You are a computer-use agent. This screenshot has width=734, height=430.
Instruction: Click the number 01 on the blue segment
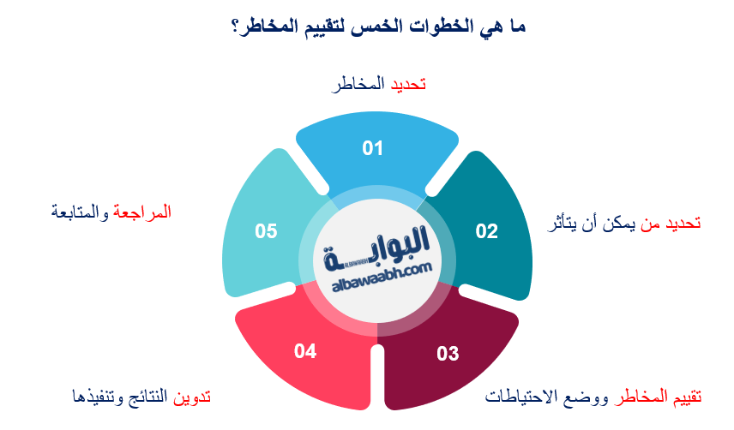(x=371, y=148)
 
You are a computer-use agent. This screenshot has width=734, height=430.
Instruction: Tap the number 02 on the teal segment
(x=486, y=230)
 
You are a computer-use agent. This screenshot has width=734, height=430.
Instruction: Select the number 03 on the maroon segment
(x=448, y=353)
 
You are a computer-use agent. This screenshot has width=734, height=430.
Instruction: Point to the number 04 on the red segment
(x=305, y=350)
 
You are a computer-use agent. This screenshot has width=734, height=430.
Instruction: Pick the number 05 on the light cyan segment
(x=266, y=230)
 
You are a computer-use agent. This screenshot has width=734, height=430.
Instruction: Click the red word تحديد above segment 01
(x=409, y=84)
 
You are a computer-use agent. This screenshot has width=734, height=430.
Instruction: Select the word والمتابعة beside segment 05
(x=81, y=211)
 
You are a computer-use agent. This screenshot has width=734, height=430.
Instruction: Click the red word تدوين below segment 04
(x=192, y=397)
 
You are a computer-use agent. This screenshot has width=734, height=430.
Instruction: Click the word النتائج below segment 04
(x=145, y=397)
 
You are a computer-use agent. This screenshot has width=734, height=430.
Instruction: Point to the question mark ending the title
(x=235, y=27)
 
